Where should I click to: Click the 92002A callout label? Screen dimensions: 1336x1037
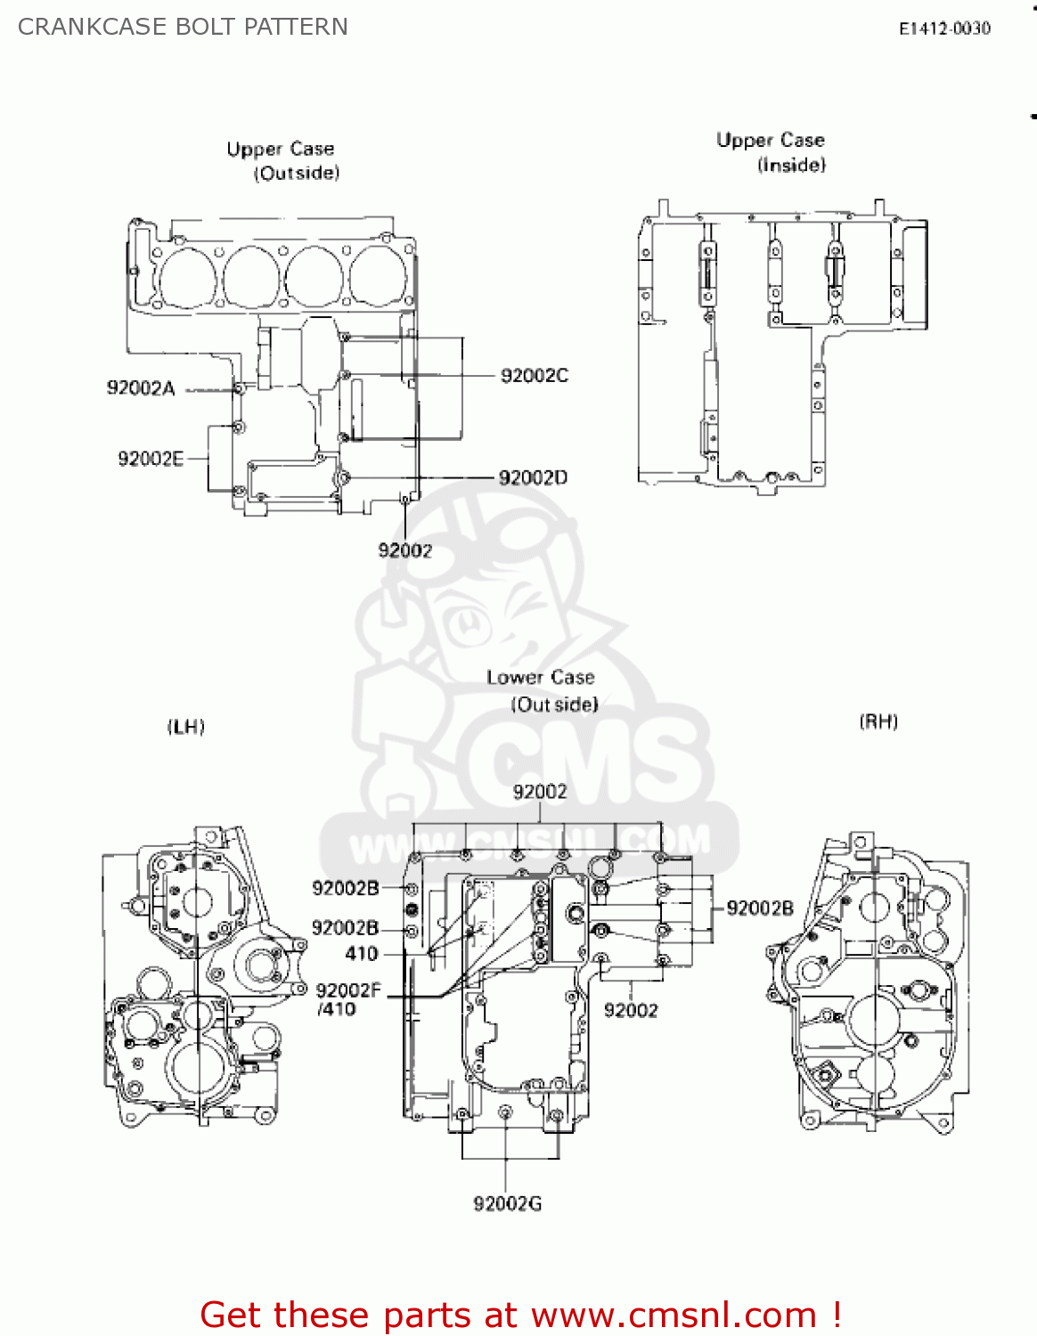(141, 388)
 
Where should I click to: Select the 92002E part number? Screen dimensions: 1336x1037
(151, 459)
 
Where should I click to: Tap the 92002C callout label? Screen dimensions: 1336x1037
(535, 376)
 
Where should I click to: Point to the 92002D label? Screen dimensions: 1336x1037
(533, 478)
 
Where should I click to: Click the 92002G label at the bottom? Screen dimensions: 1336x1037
(507, 1204)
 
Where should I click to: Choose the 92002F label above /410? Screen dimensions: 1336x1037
(348, 990)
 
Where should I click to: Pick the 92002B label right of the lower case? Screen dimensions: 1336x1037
(760, 908)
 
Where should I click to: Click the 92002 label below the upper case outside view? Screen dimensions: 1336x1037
(405, 550)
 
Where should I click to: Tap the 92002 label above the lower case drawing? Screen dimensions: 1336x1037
(540, 792)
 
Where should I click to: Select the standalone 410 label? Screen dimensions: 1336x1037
(362, 954)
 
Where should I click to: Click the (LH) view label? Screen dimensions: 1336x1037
(186, 727)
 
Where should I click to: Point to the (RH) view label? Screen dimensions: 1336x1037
(878, 721)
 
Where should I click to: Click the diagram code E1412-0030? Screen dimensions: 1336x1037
(944, 29)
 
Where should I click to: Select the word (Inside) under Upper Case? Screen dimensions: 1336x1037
(791, 165)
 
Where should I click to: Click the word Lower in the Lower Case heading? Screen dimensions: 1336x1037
(514, 678)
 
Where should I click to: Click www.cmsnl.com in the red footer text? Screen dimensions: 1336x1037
(674, 1315)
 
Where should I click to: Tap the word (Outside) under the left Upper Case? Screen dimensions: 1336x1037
(297, 173)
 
